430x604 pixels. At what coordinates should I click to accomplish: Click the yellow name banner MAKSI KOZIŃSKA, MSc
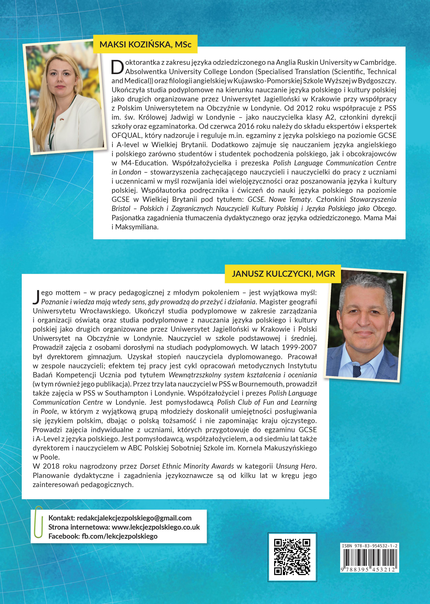(x=145, y=44)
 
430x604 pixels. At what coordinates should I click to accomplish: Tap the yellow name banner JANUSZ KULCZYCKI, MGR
(x=283, y=274)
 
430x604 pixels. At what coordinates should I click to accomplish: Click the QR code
(x=292, y=557)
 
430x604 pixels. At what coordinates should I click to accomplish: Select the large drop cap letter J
(x=36, y=297)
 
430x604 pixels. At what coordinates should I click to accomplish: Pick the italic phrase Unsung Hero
(x=296, y=466)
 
